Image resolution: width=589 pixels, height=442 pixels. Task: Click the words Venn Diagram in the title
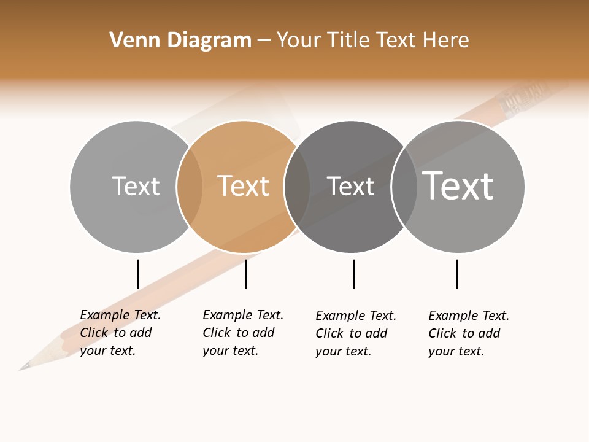click(x=180, y=41)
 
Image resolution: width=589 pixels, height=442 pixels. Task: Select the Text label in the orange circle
click(x=244, y=186)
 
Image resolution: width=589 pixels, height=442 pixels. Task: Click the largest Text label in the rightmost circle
click(x=458, y=185)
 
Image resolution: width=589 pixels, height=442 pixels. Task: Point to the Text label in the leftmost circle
click(x=136, y=186)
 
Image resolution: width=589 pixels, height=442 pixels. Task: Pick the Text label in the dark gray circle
click(x=350, y=186)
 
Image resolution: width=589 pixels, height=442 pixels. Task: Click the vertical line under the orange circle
click(x=245, y=274)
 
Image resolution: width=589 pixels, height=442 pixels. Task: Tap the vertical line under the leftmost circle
click(x=137, y=274)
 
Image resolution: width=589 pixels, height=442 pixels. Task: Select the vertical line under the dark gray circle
click(x=353, y=274)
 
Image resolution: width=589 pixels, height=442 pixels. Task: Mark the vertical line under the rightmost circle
click(x=456, y=274)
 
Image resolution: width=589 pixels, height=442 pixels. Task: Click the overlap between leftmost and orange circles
click(x=190, y=187)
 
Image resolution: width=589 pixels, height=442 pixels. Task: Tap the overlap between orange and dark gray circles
click(x=297, y=187)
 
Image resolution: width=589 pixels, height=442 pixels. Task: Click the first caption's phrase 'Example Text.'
click(x=120, y=315)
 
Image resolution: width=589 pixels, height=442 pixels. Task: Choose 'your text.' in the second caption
click(x=230, y=351)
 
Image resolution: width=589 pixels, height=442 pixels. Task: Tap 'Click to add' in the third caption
click(x=352, y=333)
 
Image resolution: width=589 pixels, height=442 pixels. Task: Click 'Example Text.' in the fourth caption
click(x=469, y=316)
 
